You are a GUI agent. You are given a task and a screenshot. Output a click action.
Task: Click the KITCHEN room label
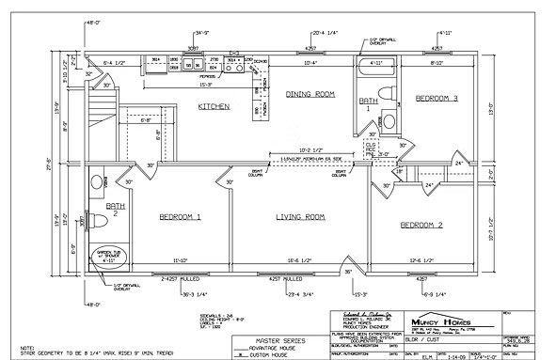click(x=214, y=107)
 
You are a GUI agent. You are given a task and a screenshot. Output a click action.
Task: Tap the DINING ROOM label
click(x=310, y=94)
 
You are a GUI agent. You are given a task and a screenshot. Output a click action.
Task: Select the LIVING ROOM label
click(x=300, y=217)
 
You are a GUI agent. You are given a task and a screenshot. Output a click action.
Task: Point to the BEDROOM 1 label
click(x=180, y=217)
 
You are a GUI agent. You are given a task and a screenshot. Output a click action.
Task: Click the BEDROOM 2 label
click(x=423, y=226)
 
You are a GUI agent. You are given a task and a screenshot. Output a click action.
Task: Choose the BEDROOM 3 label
click(x=436, y=98)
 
